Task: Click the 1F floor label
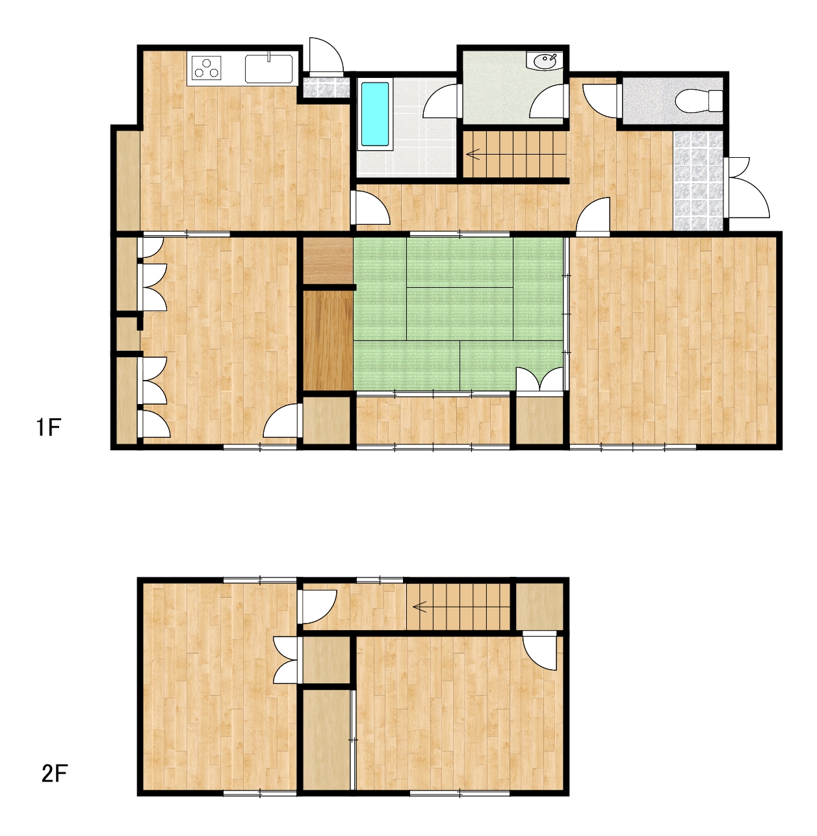(x=49, y=428)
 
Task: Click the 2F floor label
(x=55, y=774)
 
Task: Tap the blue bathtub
(x=375, y=114)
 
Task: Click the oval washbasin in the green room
(x=545, y=61)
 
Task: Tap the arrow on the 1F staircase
(x=473, y=154)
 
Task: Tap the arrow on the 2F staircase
(x=419, y=607)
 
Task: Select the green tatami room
(x=458, y=314)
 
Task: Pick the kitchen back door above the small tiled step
(x=326, y=55)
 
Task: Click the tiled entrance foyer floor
(x=698, y=181)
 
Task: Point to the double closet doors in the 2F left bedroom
(x=286, y=660)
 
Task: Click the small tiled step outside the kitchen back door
(x=326, y=87)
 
